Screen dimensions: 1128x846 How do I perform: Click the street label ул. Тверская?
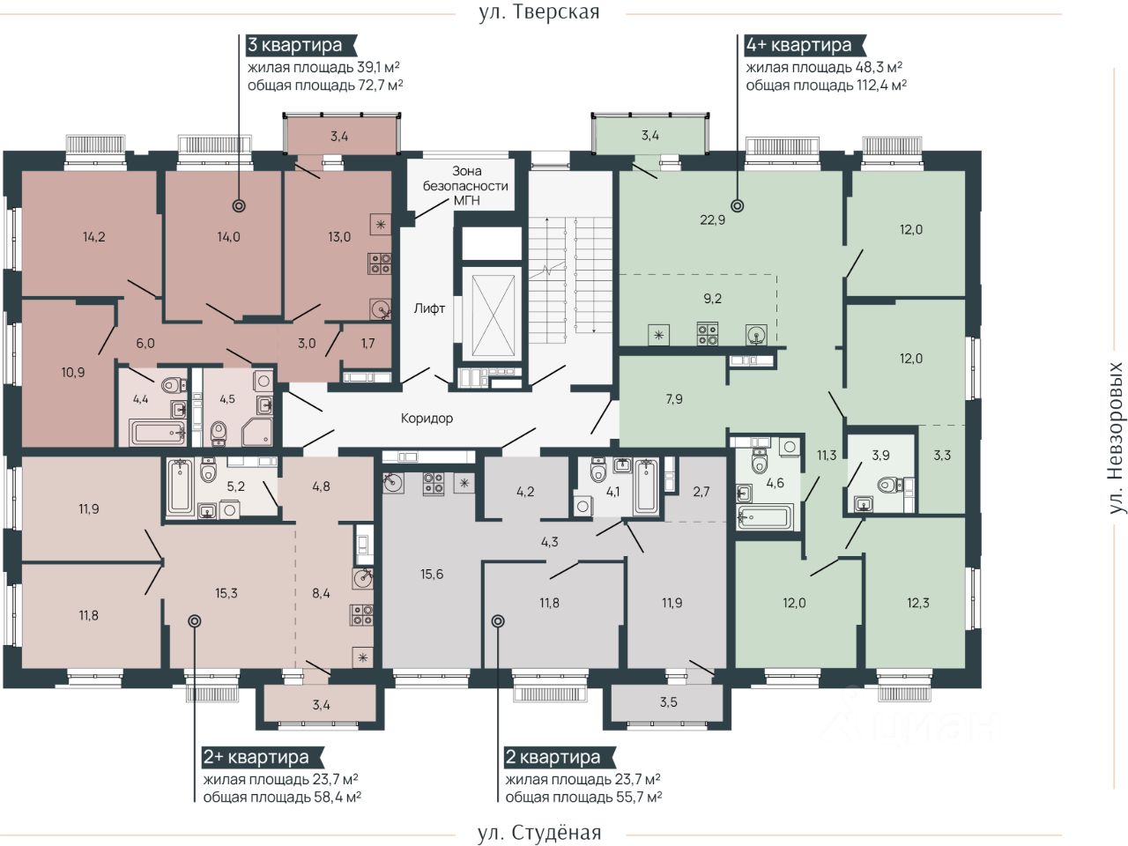(x=538, y=11)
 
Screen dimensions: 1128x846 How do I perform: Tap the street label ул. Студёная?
(x=538, y=832)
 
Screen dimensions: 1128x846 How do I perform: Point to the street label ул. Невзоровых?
(x=1115, y=437)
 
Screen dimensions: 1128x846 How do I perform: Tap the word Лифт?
(x=429, y=308)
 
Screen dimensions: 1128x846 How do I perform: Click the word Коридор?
(x=427, y=418)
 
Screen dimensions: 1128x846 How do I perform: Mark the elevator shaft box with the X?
(x=493, y=315)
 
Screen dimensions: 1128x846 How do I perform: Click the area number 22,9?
(x=712, y=219)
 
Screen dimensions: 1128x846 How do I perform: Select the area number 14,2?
(x=93, y=237)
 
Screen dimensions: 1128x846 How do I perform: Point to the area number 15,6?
(x=431, y=574)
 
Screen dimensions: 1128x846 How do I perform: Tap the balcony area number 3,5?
(x=668, y=701)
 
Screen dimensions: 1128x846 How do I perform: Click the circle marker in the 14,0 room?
(x=239, y=205)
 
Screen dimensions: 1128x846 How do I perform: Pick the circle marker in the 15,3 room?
(x=194, y=621)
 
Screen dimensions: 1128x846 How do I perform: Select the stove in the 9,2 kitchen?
(x=707, y=333)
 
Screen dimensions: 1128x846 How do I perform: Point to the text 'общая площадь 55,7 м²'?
(x=583, y=797)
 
